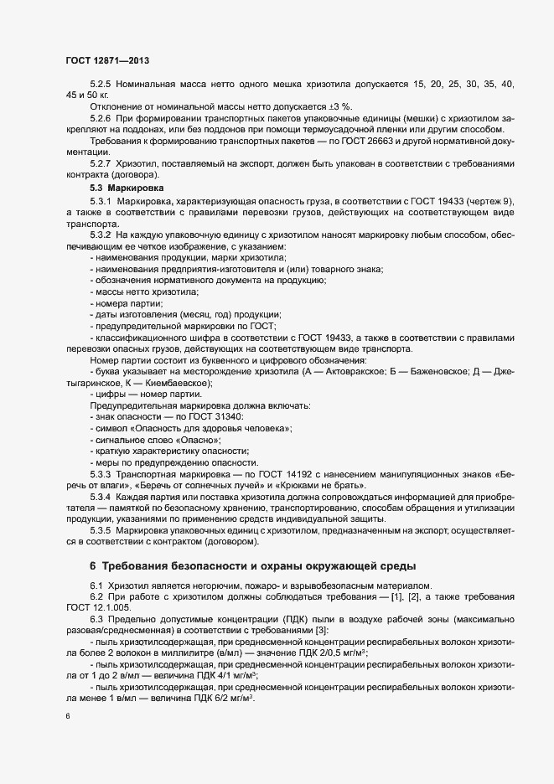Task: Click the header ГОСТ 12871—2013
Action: click(106, 61)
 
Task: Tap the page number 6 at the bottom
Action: click(67, 717)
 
